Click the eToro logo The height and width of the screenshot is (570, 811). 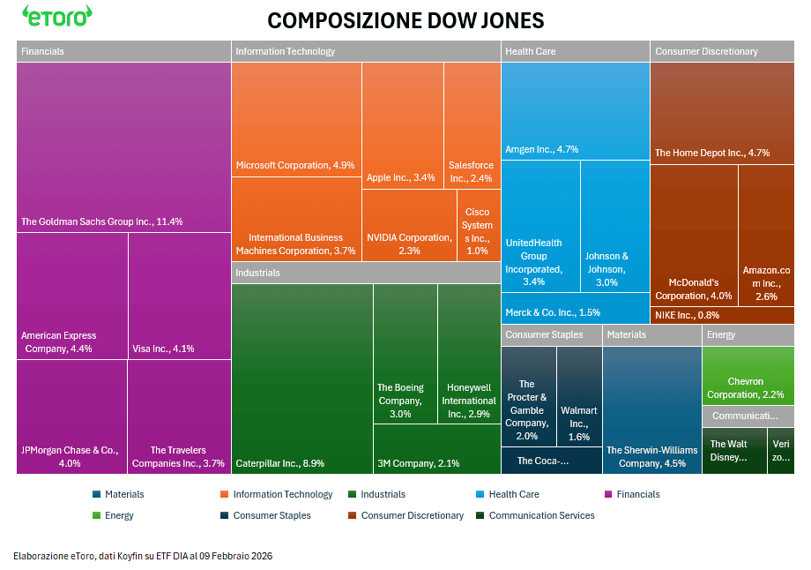coord(57,17)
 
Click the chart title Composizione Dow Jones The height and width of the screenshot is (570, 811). coord(405,20)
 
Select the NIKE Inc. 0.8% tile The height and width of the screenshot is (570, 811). coord(721,315)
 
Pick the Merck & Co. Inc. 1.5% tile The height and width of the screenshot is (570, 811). coord(575,309)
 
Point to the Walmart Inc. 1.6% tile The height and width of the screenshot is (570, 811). coord(579,397)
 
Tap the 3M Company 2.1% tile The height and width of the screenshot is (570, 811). coord(436,450)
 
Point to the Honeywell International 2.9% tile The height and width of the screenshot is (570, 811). coord(469,353)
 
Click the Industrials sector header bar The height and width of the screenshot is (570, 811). coord(366,273)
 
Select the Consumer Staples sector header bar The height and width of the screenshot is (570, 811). coord(552,335)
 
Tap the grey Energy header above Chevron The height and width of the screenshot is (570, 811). coord(748,335)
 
